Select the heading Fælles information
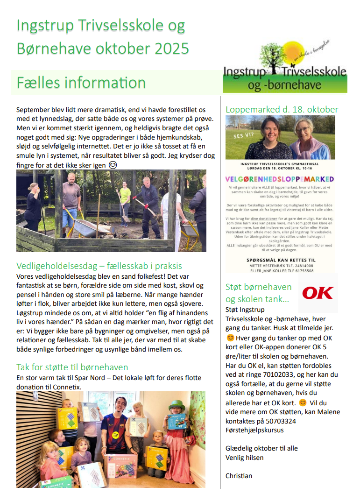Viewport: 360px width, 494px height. [81, 83]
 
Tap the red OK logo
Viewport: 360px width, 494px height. [318, 293]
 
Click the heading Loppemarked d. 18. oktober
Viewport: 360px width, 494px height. [282, 110]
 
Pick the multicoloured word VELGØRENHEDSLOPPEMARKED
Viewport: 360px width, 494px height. [280, 179]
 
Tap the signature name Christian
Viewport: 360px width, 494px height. [239, 476]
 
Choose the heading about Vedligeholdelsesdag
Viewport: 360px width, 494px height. [99, 266]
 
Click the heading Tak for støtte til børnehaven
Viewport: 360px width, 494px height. [72, 367]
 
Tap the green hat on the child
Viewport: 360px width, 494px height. [177, 405]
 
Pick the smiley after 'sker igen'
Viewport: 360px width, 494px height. [113, 165]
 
